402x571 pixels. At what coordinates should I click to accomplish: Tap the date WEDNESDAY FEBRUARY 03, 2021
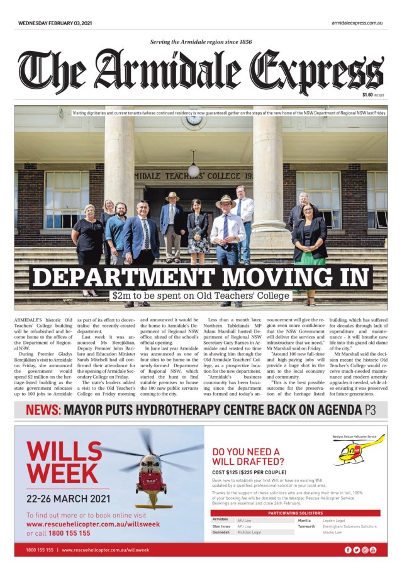coord(55,23)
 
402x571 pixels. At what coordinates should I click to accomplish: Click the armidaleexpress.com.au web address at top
coord(357,23)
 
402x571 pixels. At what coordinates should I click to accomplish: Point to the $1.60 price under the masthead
coord(368,95)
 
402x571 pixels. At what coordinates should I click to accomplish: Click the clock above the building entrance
coord(194,119)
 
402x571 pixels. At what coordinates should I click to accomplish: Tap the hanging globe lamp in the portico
coord(193,170)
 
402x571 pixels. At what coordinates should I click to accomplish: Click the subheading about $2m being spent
coord(201,295)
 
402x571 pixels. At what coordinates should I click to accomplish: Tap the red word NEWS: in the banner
coord(43,411)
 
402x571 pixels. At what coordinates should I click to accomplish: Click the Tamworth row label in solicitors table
coord(307,526)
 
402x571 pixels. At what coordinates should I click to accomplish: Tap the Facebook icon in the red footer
coord(348,550)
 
